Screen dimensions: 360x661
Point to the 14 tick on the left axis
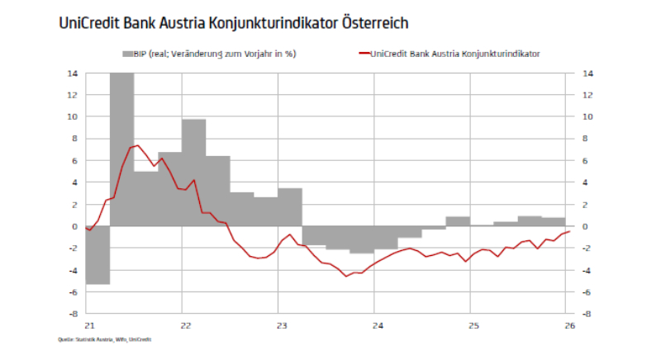tap(74, 73)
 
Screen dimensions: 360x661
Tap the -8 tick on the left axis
tap(72, 314)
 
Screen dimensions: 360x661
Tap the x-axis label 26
tap(566, 325)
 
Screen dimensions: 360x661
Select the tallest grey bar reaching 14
tap(121, 149)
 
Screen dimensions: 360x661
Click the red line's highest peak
tap(137, 145)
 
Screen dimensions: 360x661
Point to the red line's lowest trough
tap(347, 276)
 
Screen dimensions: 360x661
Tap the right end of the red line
tap(569, 231)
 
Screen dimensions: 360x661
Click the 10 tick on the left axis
tap(74, 116)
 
